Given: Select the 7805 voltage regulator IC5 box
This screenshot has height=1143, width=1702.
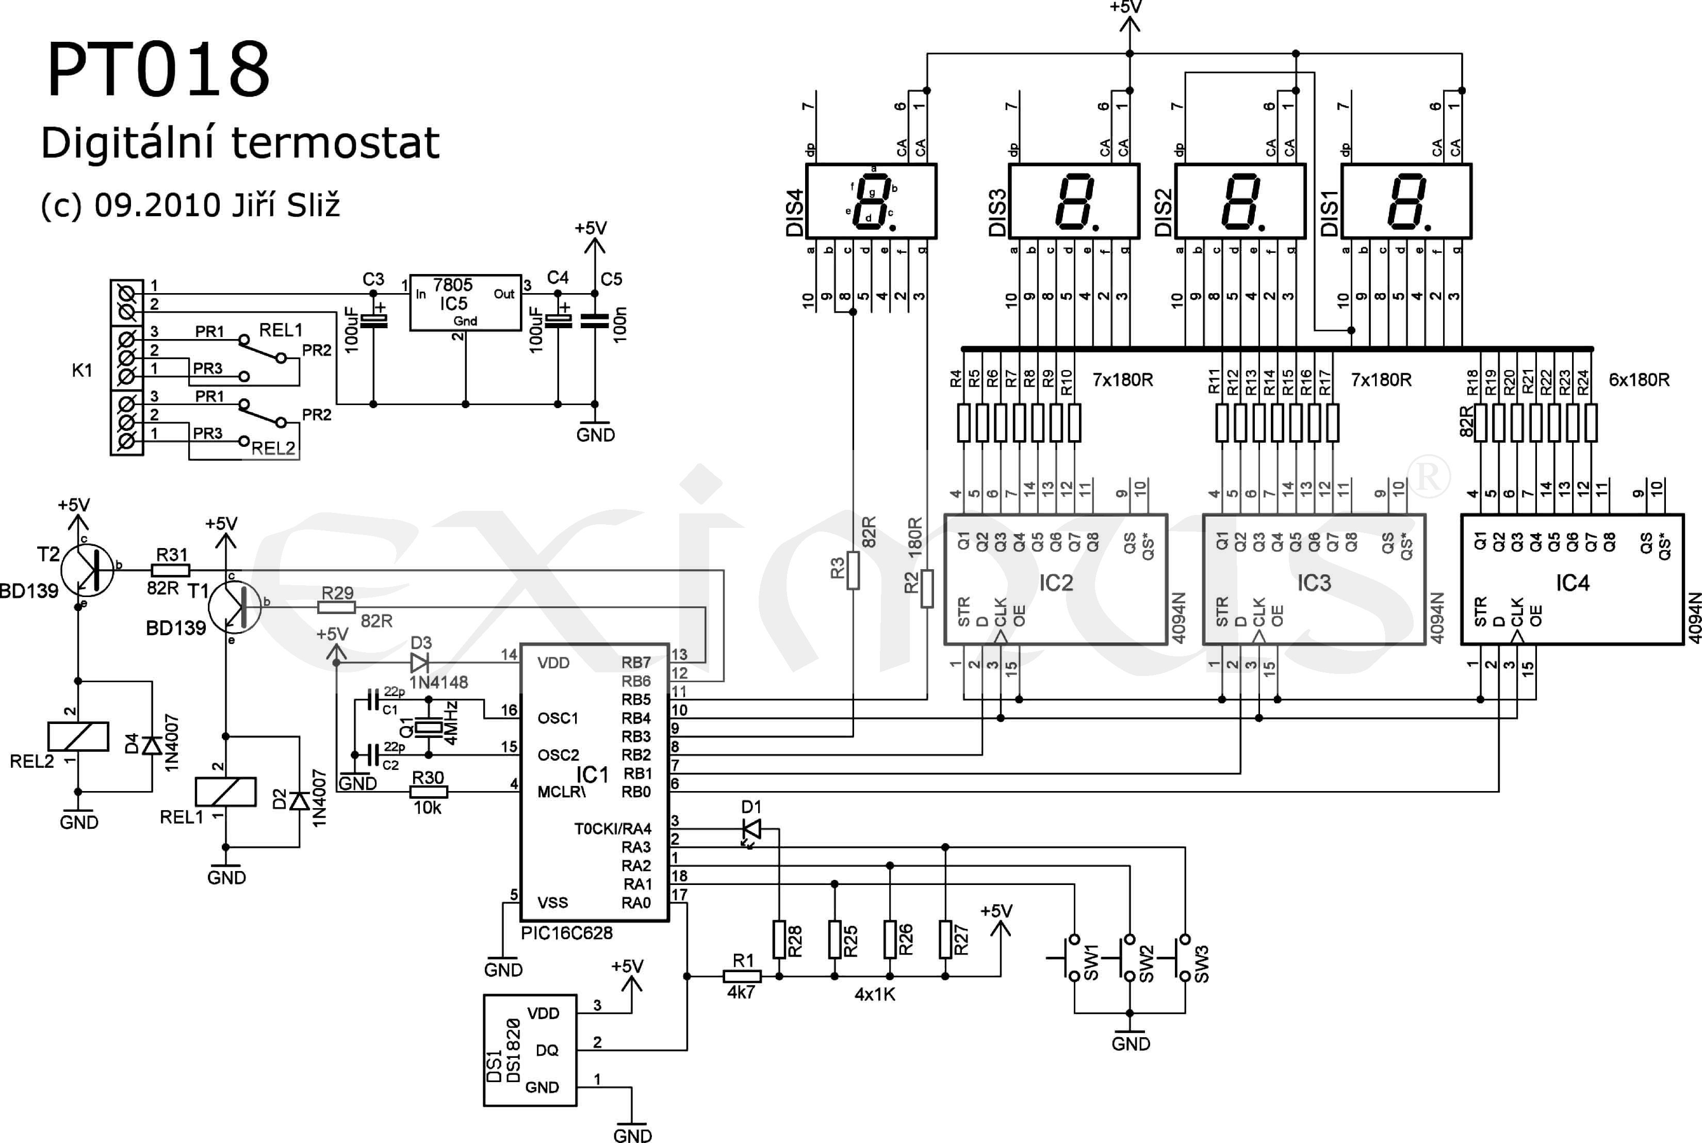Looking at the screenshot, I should (x=465, y=302).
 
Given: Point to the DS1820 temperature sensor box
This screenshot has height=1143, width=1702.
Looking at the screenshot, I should (x=530, y=1050).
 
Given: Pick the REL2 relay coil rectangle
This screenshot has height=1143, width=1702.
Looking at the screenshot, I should (x=78, y=736).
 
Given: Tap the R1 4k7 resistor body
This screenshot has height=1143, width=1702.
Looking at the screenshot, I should (x=742, y=976).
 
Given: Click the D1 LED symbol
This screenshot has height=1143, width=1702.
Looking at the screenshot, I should (x=751, y=829).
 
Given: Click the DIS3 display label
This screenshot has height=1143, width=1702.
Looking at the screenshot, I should (x=997, y=213).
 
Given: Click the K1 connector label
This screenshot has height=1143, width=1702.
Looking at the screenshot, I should (x=81, y=371).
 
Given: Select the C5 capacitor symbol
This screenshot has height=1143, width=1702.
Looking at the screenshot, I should (x=595, y=321).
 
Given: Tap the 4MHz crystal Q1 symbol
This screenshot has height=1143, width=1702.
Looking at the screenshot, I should (x=429, y=727).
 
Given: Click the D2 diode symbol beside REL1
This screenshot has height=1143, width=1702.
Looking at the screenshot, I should (x=299, y=800).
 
